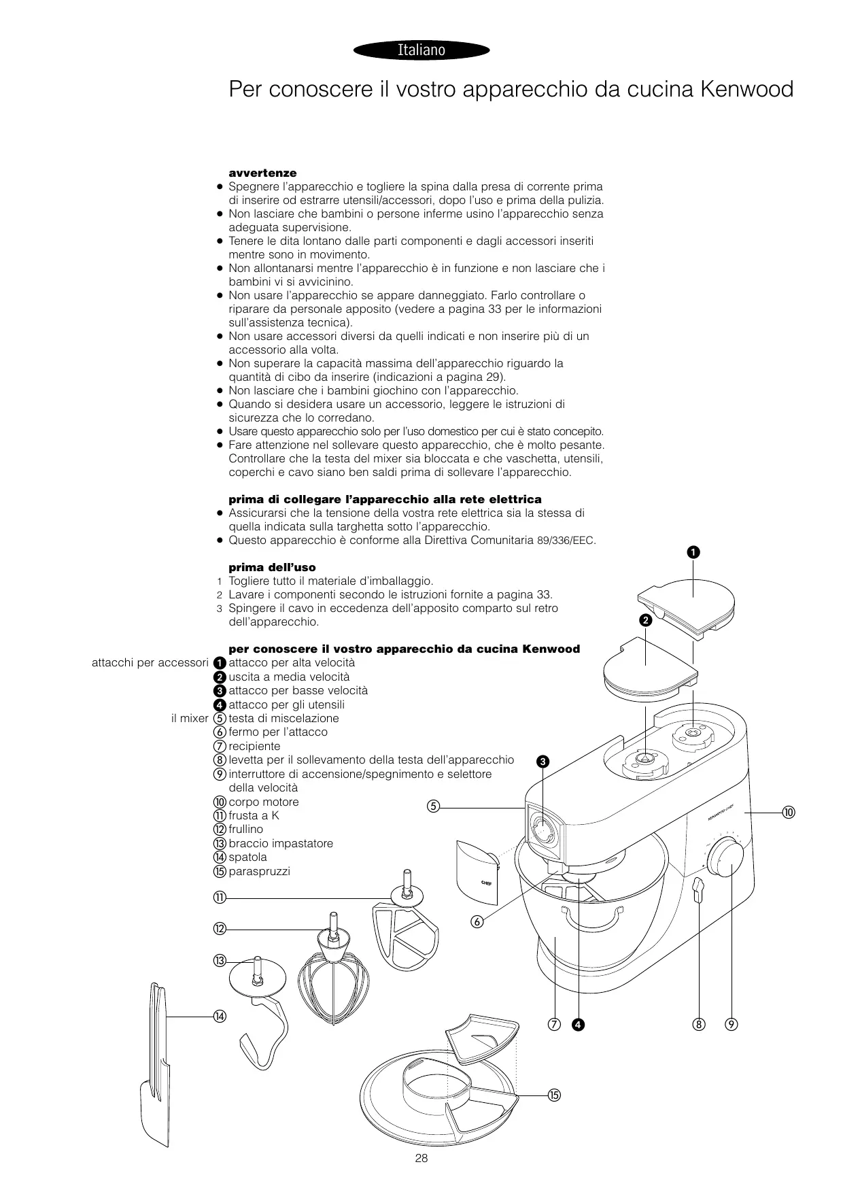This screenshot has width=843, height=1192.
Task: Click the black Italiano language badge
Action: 421,50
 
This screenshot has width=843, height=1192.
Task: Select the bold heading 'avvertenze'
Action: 262,173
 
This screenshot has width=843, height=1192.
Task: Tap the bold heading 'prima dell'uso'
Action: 272,567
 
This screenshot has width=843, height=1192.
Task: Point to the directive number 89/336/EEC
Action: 566,541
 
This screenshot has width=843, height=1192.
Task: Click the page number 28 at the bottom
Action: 421,1159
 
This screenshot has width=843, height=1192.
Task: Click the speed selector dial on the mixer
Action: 725,859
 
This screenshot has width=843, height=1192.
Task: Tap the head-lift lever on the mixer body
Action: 696,890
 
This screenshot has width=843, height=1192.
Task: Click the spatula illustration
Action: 156,1068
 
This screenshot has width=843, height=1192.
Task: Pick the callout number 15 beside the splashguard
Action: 553,1094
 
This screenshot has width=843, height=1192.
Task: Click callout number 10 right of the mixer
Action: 789,813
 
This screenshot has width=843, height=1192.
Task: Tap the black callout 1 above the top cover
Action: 693,552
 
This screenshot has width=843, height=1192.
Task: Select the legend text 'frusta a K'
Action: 254,815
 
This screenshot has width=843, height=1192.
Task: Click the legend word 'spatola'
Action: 247,857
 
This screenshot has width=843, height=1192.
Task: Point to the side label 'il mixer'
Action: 190,718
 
